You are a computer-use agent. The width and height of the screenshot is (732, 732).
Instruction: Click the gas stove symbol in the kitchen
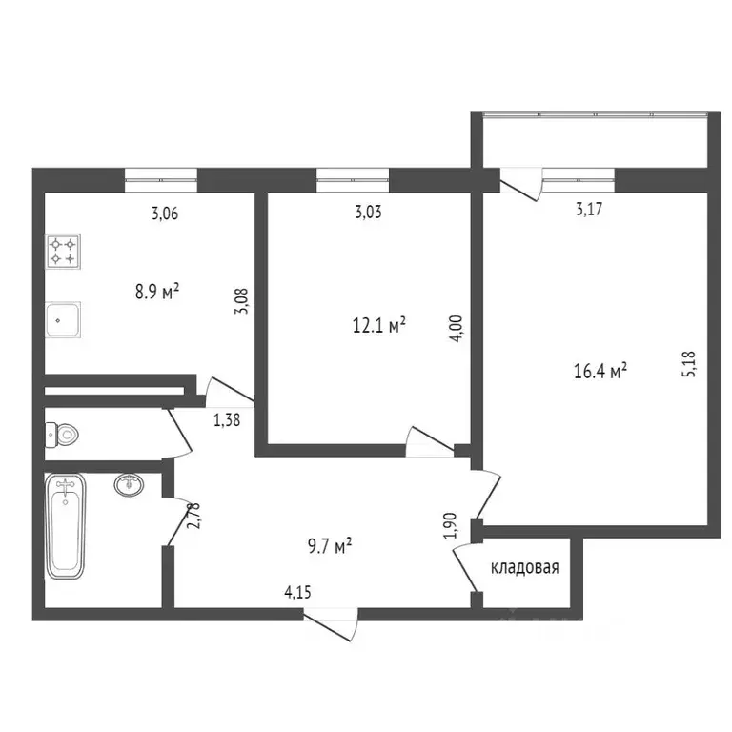(64, 251)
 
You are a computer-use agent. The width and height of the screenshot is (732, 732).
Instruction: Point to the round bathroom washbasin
(131, 485)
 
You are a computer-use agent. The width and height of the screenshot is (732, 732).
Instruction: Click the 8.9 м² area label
(157, 291)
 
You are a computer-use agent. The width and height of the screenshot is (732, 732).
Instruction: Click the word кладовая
(524, 568)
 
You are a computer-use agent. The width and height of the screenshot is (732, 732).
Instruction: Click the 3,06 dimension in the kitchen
(165, 213)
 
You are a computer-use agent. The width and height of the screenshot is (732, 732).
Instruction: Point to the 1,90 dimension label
(449, 527)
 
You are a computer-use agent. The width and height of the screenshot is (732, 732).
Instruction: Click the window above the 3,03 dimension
(353, 175)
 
